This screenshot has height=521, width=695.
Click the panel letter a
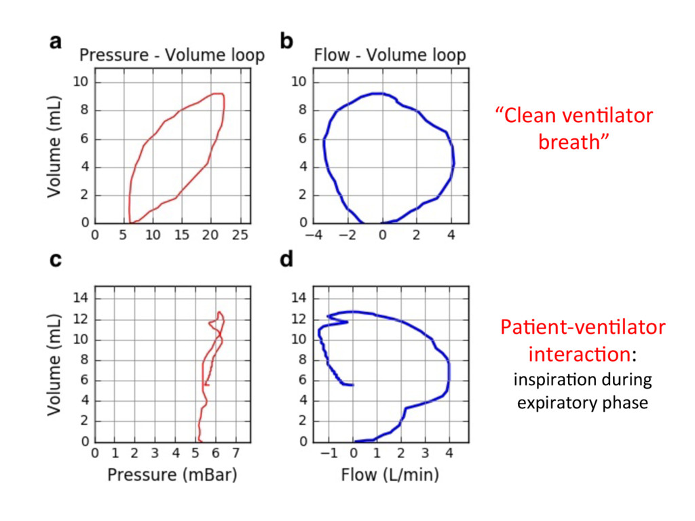[56, 42]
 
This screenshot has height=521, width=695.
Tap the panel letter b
[287, 41]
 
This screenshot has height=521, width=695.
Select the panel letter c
[56, 260]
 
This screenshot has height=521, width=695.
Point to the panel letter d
[287, 258]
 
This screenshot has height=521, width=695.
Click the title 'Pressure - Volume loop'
[172, 56]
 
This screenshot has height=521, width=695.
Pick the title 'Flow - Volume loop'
[390, 56]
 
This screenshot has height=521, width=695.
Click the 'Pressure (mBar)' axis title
[172, 475]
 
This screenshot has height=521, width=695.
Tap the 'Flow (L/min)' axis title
[390, 475]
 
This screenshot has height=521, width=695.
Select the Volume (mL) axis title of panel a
[54, 147]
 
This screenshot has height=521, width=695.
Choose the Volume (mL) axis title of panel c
[54, 364]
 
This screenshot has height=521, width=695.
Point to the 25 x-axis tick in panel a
[240, 235]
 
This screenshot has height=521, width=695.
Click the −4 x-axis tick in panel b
[314, 235]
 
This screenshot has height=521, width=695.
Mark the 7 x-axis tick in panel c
[236, 453]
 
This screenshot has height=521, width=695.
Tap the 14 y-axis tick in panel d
[299, 298]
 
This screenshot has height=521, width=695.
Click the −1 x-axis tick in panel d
[328, 453]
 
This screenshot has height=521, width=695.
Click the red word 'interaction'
[580, 354]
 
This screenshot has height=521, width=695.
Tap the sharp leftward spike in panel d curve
[328, 316]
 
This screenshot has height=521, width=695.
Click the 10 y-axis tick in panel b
[299, 82]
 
